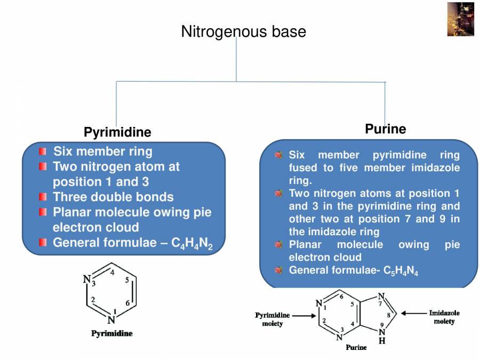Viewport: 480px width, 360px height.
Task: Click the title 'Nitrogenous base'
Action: click(243, 31)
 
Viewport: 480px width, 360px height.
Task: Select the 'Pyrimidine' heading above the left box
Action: click(117, 132)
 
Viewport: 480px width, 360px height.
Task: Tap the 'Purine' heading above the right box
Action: click(385, 129)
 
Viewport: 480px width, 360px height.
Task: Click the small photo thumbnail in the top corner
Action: click(460, 19)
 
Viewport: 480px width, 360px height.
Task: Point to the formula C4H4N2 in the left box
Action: click(192, 244)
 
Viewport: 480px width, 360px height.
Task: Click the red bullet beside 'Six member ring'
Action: click(43, 151)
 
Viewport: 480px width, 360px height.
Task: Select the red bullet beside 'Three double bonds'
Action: click(43, 197)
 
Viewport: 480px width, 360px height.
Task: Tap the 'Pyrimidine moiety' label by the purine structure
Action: click(272, 319)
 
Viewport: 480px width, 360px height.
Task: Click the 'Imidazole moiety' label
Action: click(444, 317)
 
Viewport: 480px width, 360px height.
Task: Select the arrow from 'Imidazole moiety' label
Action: click(413, 314)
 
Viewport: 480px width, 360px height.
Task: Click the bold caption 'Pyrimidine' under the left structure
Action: click(111, 334)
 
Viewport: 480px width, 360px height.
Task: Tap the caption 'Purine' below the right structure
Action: click(356, 348)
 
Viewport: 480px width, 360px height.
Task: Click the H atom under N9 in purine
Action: click(382, 341)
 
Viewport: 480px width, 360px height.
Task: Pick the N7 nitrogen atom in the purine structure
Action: click(381, 297)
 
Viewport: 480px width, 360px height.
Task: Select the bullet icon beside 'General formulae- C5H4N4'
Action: click(278, 270)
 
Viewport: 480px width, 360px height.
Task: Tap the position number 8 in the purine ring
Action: click(388, 315)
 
